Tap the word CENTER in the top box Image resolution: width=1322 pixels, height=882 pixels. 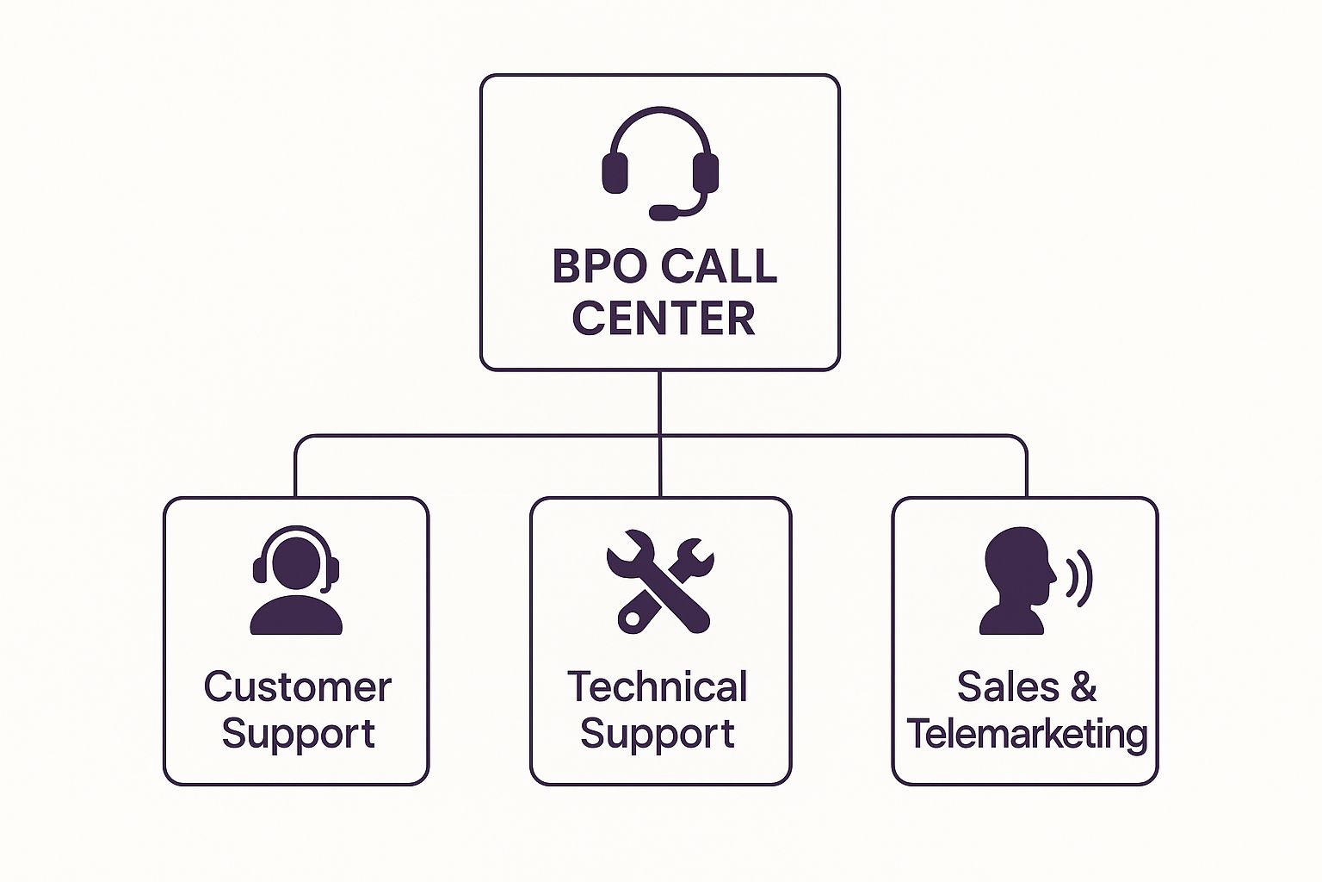(663, 318)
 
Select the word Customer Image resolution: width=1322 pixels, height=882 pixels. (297, 686)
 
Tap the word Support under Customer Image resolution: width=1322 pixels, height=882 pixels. (298, 733)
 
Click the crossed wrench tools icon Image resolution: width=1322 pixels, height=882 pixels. (660, 581)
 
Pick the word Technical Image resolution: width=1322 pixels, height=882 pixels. (658, 686)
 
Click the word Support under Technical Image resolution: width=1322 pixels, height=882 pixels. (658, 733)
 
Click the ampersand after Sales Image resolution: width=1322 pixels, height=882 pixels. (1084, 686)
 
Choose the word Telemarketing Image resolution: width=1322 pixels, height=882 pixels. (1027, 734)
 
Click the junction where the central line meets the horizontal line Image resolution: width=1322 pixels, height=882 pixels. (660, 436)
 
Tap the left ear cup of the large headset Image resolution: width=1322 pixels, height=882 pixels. (615, 173)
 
